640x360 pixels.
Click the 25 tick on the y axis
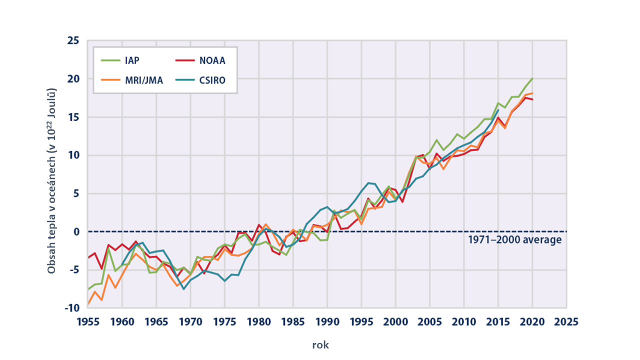coord(73,40)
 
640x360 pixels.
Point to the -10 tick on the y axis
coord(71,308)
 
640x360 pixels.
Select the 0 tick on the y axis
coord(76,231)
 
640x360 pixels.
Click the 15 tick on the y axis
coord(73,117)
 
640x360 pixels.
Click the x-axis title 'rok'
coord(320,345)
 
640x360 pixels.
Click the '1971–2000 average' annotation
coord(515,240)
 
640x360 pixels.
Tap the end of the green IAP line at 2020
coord(532,78)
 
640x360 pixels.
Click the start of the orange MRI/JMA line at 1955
coord(88,303)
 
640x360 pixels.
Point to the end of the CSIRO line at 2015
coord(498,110)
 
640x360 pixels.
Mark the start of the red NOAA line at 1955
coord(88,257)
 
